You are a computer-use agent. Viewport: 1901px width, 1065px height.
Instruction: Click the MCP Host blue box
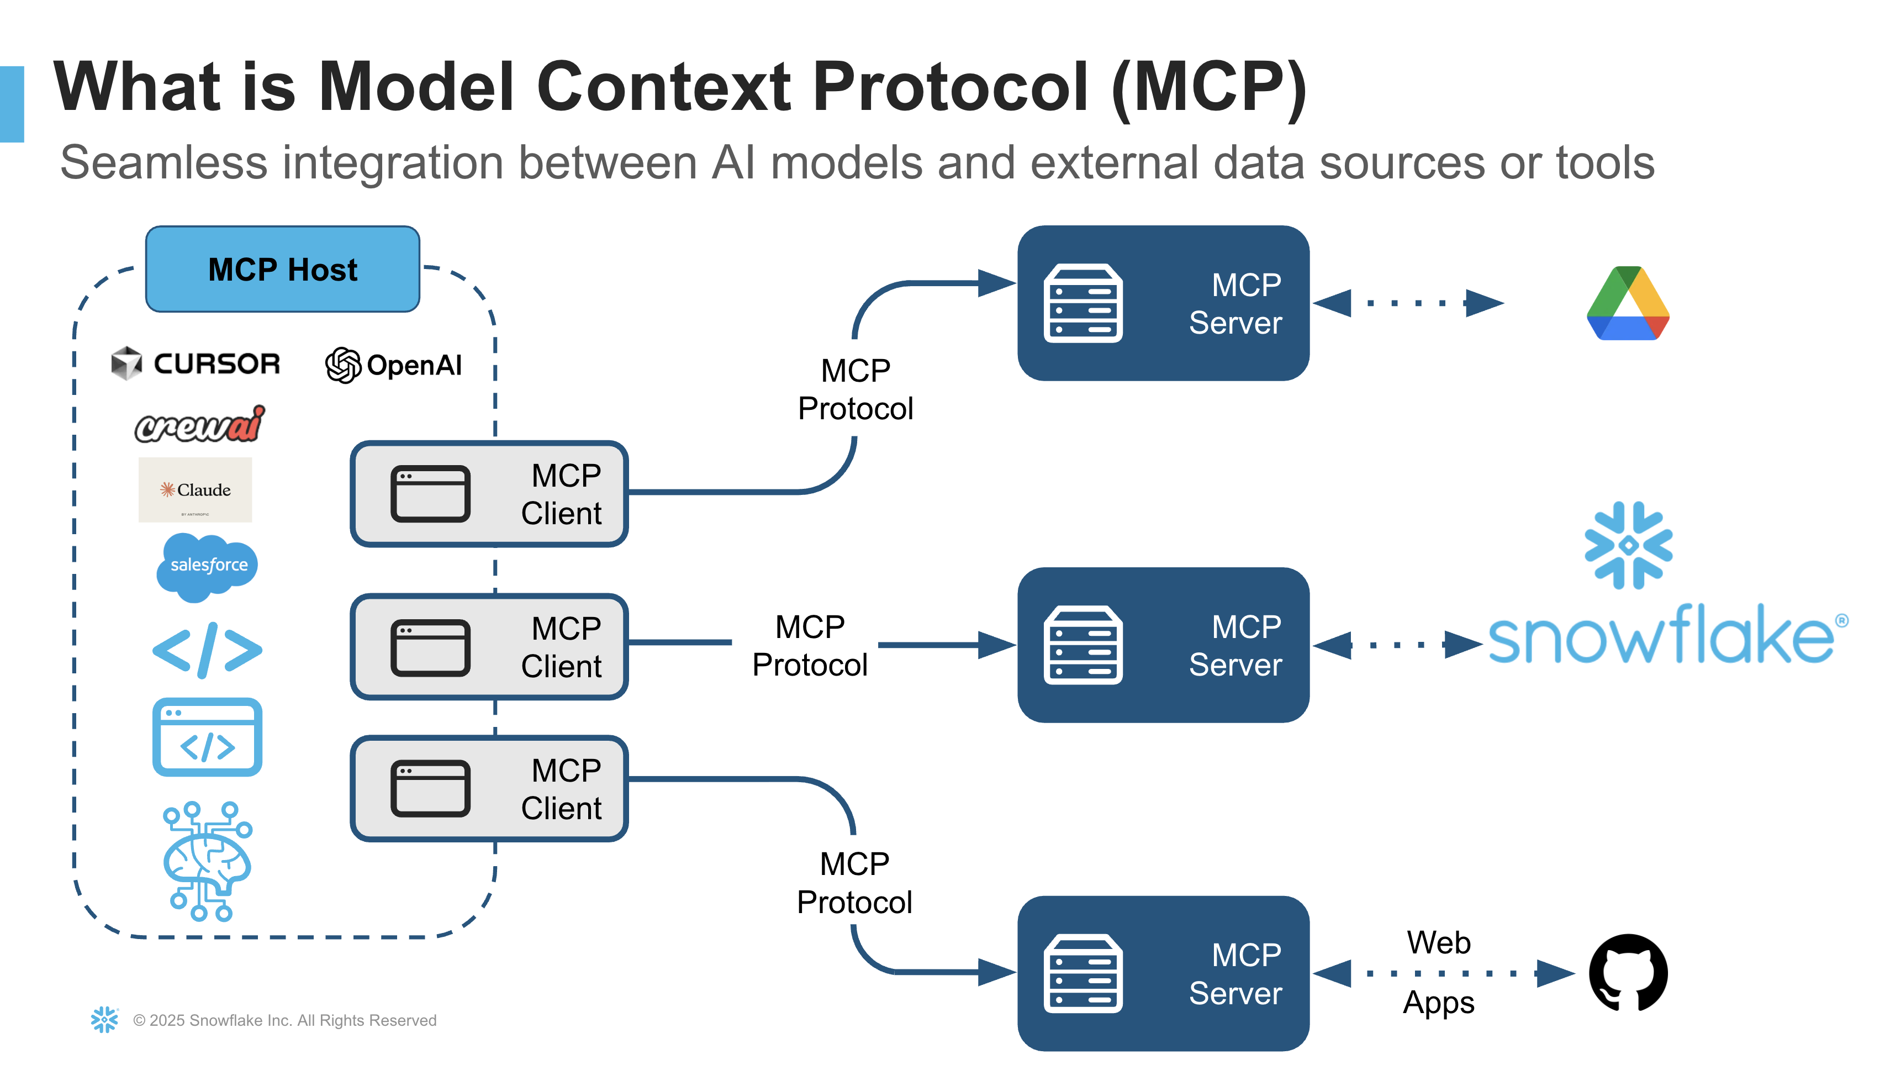[283, 270]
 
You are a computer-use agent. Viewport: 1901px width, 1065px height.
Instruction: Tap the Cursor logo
[196, 363]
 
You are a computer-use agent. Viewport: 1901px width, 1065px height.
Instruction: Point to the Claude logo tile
[196, 490]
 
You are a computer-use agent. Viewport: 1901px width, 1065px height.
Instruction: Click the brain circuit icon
[207, 861]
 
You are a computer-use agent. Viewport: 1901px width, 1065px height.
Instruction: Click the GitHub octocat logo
[1628, 973]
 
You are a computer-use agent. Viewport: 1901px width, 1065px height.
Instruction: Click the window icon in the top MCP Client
[430, 494]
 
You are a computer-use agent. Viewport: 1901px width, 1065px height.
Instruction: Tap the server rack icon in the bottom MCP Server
[1082, 973]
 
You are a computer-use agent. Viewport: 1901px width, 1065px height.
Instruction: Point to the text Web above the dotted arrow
[1438, 942]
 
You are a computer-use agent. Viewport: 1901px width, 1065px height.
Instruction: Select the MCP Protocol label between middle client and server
[810, 646]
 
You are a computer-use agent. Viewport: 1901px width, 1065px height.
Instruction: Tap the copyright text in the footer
[285, 1020]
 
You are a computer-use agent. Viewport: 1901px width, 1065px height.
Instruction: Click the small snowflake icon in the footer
[104, 1019]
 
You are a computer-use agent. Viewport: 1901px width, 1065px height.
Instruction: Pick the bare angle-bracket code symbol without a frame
[207, 650]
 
